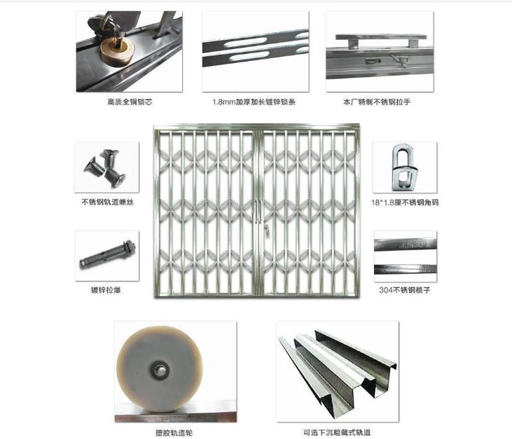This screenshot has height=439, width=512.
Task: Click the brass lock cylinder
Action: (x=118, y=50)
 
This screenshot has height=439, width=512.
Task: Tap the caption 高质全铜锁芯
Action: (x=130, y=102)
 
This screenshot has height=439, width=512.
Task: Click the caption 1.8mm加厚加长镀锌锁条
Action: (x=254, y=102)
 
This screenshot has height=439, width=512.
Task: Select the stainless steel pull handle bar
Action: (x=381, y=37)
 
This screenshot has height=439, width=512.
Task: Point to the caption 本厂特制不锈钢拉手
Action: (x=377, y=102)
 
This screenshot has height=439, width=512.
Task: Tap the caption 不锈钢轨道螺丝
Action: (x=107, y=202)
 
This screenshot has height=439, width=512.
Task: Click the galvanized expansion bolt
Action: (x=108, y=254)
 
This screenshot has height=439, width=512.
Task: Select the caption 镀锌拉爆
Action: (x=106, y=290)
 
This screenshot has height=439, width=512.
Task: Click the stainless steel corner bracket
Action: (x=404, y=167)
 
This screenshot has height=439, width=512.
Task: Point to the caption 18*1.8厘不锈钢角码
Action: (x=405, y=202)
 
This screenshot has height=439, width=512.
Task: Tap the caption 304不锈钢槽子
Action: (x=405, y=290)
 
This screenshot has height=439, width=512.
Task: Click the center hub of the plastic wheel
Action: (x=160, y=370)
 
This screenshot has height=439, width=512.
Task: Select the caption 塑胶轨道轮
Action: (x=174, y=433)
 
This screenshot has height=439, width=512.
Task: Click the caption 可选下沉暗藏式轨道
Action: (x=338, y=433)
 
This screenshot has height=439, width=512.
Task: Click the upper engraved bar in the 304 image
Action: (x=406, y=244)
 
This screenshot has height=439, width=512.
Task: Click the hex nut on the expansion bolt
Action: (x=129, y=246)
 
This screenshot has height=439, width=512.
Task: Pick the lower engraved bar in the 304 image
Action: (x=406, y=270)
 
